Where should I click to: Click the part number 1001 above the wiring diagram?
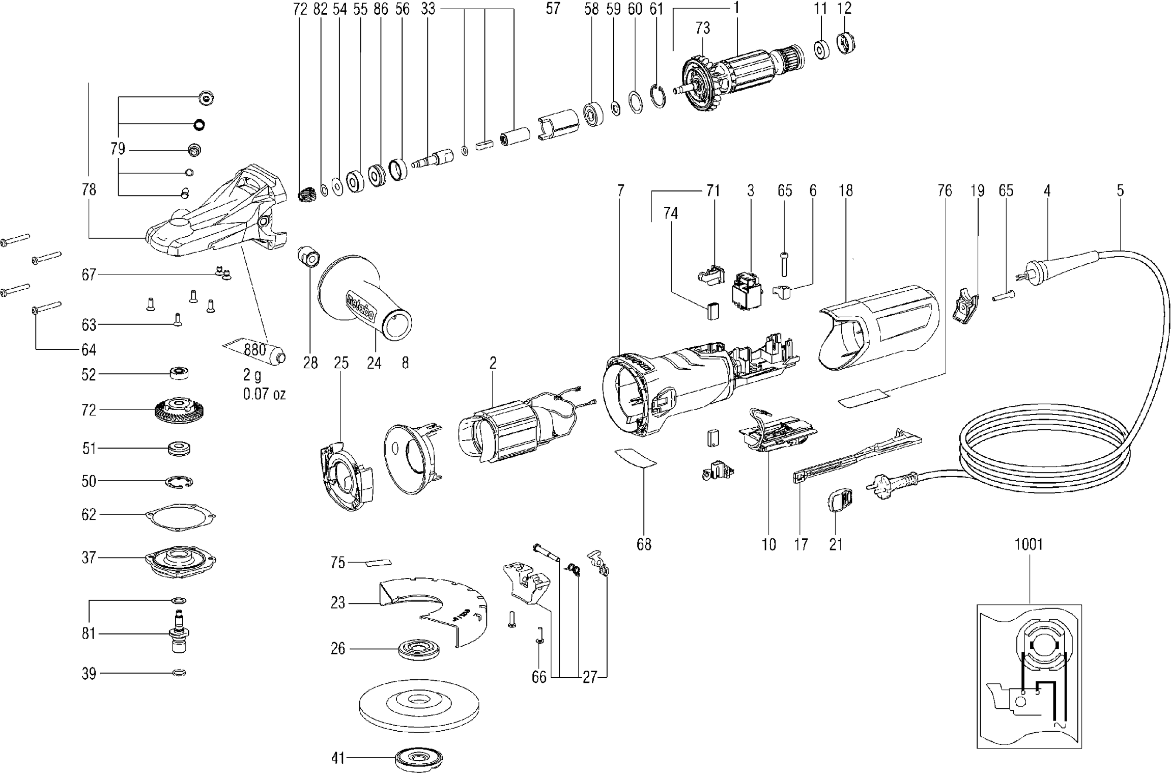pos(1029,545)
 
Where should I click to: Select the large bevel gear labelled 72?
pos(179,409)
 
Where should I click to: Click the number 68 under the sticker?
pos(644,545)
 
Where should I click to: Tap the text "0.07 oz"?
pos(264,394)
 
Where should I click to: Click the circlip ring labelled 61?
pos(659,95)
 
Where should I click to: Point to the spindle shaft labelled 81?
pos(179,634)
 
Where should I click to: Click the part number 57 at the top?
pos(553,9)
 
